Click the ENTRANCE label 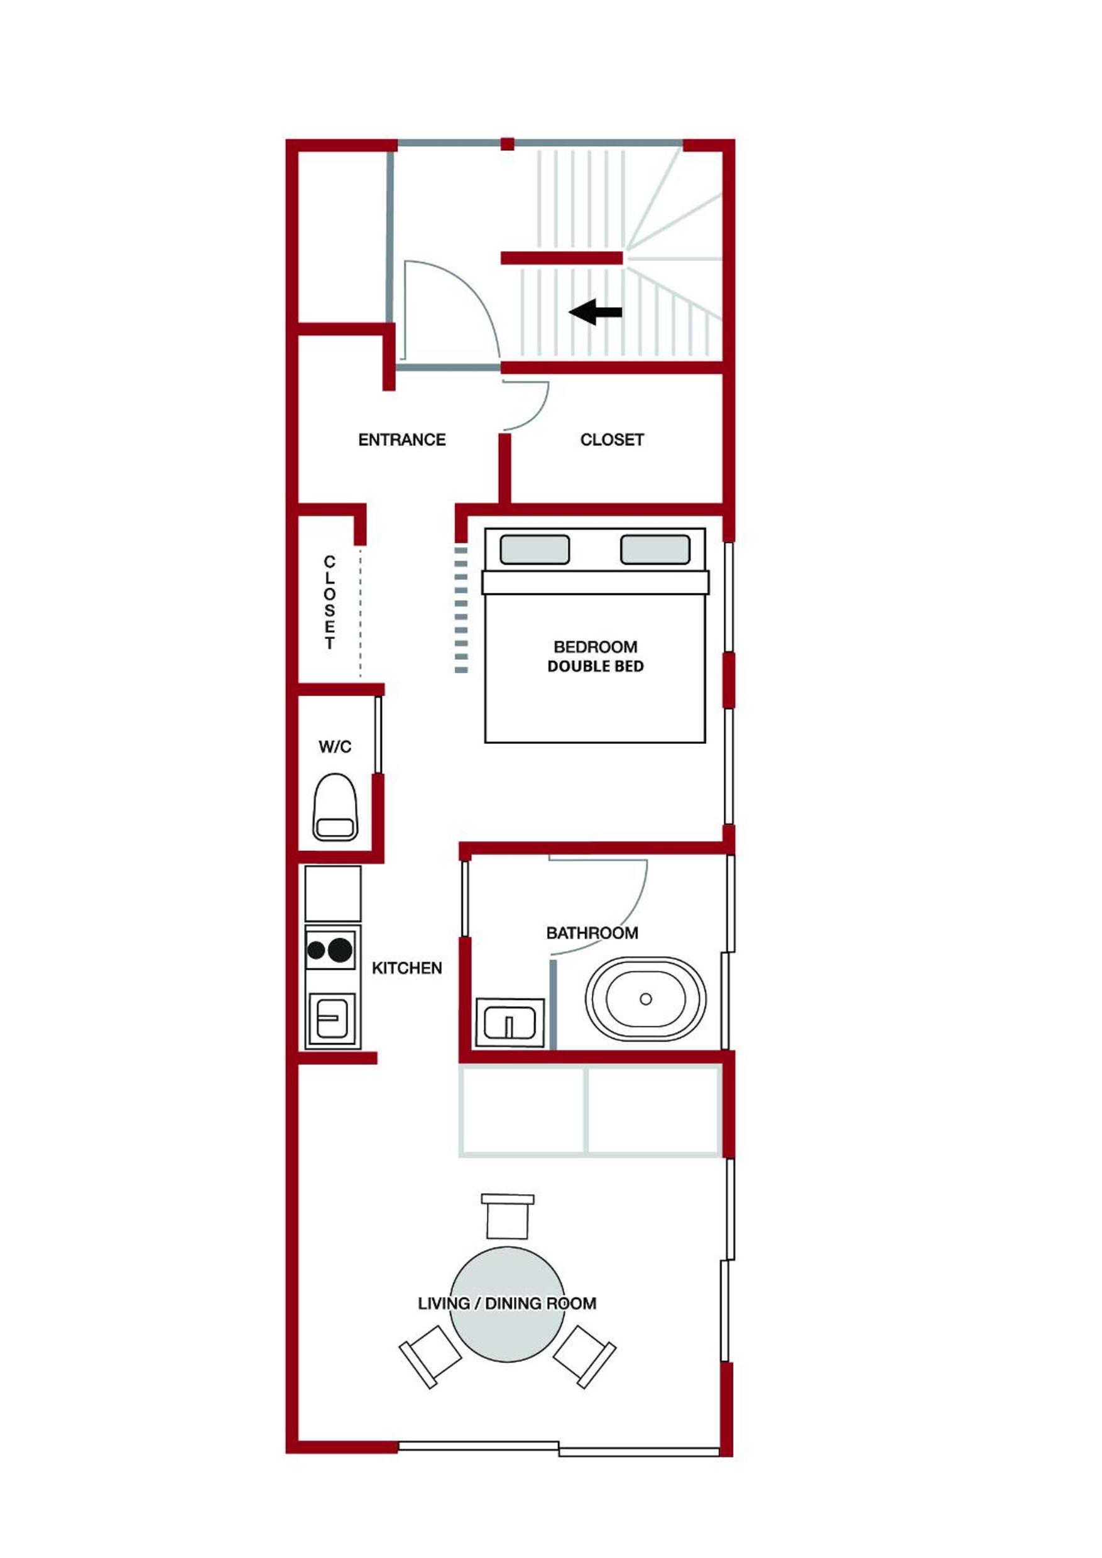click(x=401, y=440)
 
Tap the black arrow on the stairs click(x=595, y=312)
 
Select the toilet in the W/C click(x=336, y=807)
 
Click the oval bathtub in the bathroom click(x=645, y=999)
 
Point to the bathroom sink click(x=510, y=1022)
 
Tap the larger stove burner click(x=340, y=950)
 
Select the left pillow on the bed click(x=535, y=550)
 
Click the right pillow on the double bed click(x=655, y=550)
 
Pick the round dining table click(x=508, y=1304)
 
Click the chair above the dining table click(x=508, y=1216)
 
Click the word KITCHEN click(x=406, y=968)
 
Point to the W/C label click(x=336, y=746)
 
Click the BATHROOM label click(x=592, y=933)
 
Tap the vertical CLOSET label click(x=330, y=602)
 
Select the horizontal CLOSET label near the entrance click(x=611, y=440)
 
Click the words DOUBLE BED click(x=595, y=667)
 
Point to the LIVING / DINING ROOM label click(x=507, y=1304)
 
